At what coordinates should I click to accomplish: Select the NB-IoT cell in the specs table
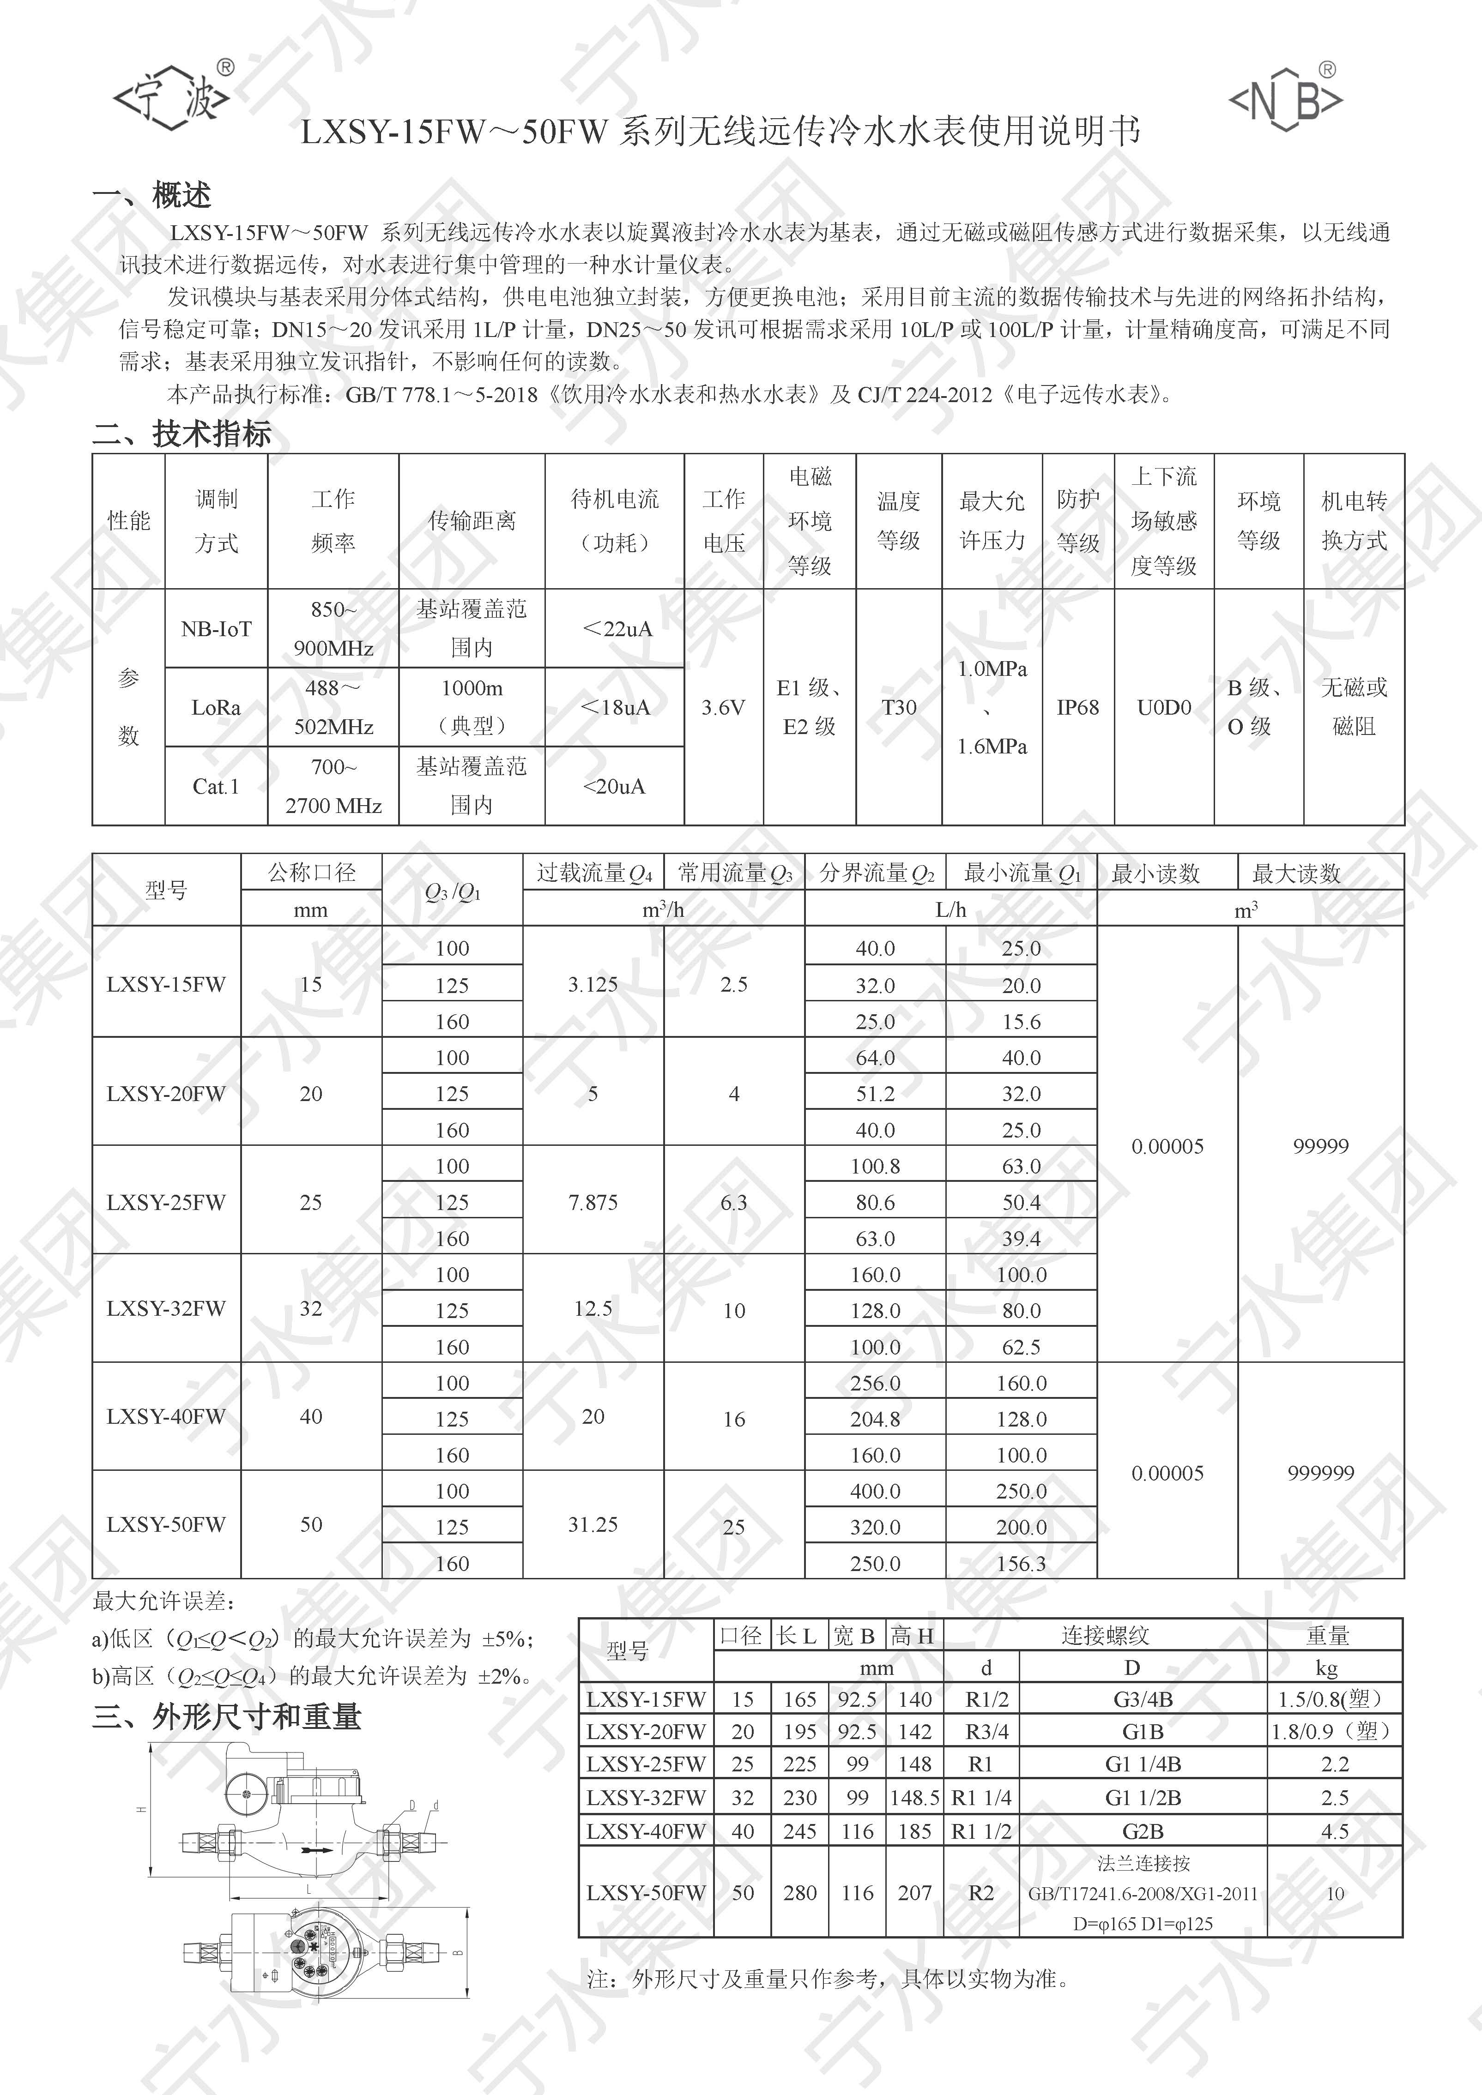pos(216,629)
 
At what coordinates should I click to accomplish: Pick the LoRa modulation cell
pos(216,707)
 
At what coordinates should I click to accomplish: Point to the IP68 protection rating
pos(1078,707)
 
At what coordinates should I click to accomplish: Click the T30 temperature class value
pos(899,707)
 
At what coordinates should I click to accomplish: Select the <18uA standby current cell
pos(615,707)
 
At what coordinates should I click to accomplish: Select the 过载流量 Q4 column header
pos(594,873)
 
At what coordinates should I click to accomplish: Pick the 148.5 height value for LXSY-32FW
pos(914,1798)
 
